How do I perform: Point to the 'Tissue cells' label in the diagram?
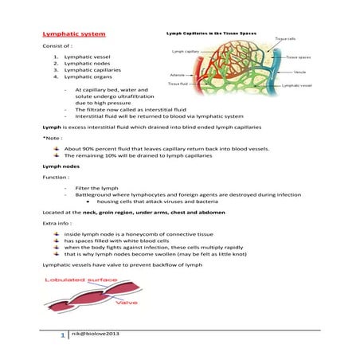pyautogui.click(x=286, y=38)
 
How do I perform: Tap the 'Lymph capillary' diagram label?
pyautogui.click(x=186, y=51)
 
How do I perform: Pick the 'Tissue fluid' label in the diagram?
pyautogui.click(x=178, y=83)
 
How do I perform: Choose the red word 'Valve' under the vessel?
pyautogui.click(x=127, y=303)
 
